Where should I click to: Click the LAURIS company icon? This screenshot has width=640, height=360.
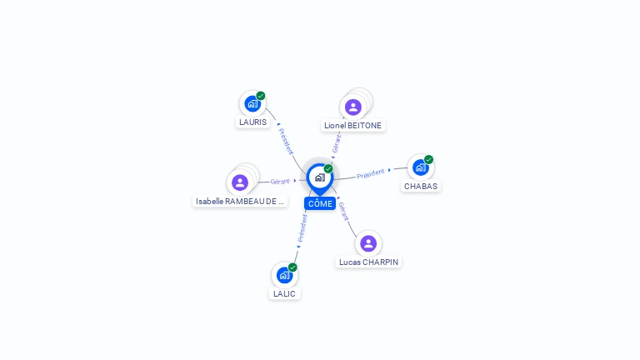click(252, 104)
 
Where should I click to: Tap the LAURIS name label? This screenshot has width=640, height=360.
click(252, 122)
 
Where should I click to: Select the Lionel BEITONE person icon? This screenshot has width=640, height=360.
click(352, 107)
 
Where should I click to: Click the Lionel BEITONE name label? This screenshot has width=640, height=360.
click(353, 126)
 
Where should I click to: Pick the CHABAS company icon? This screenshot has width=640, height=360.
click(421, 167)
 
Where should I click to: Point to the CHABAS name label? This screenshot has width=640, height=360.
click(421, 187)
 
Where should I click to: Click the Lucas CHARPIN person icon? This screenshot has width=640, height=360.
click(368, 243)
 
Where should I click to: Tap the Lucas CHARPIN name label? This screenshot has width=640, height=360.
click(368, 262)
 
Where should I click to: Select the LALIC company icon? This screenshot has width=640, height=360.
click(285, 275)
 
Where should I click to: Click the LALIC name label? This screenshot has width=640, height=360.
click(284, 293)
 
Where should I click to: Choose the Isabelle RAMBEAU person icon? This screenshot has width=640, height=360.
click(240, 182)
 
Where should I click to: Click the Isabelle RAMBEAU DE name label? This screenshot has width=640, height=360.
click(240, 201)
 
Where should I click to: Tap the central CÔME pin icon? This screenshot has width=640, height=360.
click(319, 177)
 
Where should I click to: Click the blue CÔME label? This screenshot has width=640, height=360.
click(320, 203)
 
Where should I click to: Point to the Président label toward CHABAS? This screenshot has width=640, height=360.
click(370, 174)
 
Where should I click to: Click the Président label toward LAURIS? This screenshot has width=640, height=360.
click(286, 142)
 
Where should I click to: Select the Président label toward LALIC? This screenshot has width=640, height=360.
click(302, 227)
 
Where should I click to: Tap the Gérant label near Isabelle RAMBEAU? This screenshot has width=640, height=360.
click(280, 181)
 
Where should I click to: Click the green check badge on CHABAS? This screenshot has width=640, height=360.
click(428, 159)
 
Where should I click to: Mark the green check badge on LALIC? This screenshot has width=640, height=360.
click(292, 267)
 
